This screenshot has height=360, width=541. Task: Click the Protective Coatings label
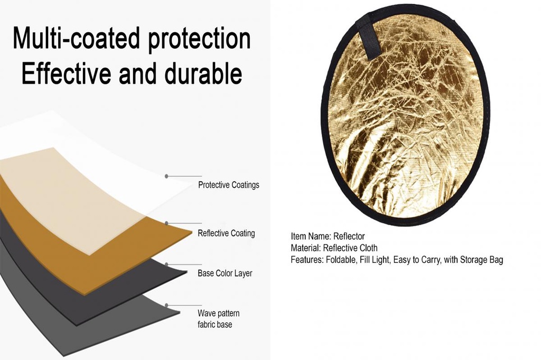(x=228, y=185)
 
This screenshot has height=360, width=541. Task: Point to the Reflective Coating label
(x=226, y=233)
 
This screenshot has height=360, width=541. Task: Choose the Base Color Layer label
(x=225, y=273)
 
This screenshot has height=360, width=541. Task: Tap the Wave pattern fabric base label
(x=218, y=318)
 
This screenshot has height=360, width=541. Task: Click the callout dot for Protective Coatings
(x=166, y=176)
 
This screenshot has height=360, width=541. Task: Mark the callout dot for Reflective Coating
(x=166, y=223)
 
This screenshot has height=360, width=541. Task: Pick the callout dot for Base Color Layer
(x=166, y=264)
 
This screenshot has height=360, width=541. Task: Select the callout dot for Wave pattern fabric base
(x=166, y=305)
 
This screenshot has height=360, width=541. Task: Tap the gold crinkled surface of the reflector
(x=407, y=121)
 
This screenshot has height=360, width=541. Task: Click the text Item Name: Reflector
(x=328, y=236)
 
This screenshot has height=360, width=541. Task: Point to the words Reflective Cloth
(x=350, y=248)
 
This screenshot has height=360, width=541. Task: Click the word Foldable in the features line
(x=340, y=260)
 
